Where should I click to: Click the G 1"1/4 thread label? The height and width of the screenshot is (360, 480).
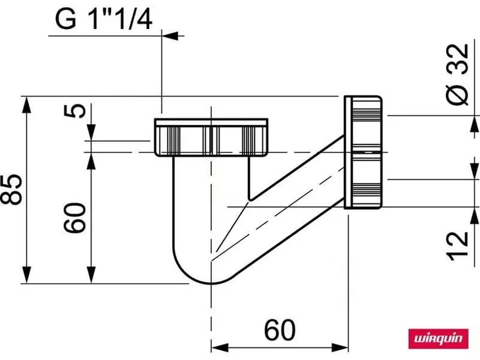[103, 19]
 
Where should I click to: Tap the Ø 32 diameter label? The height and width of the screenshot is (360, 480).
[457, 74]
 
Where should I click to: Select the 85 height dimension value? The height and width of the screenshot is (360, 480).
[11, 189]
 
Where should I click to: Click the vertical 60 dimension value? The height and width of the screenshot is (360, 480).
[75, 217]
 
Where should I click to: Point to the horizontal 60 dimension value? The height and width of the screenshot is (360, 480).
[279, 330]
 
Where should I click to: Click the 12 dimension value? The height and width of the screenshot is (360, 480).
[458, 246]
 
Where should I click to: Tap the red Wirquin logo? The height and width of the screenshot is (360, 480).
[439, 338]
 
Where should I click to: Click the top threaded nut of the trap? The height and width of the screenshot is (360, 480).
[211, 137]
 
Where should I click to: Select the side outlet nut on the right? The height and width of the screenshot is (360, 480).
[363, 152]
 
